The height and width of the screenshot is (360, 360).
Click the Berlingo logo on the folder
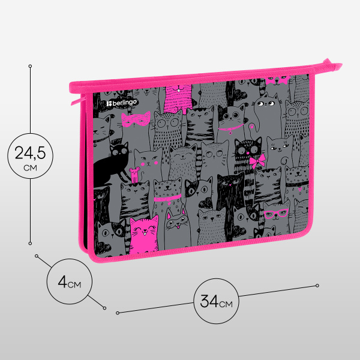tap(121, 103)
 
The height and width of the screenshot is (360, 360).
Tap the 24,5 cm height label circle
tap(31, 156)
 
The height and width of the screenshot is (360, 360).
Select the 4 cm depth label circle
tap(70, 281)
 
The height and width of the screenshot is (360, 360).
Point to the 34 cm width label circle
tap(216, 301)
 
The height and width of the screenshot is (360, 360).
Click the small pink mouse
tap(134, 175)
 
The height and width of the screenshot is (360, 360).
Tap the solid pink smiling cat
tap(144, 234)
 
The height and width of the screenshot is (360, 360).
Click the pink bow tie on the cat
tap(257, 161)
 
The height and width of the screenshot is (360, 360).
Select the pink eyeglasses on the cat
tap(276, 214)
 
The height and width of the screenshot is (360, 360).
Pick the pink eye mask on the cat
tap(136, 119)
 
